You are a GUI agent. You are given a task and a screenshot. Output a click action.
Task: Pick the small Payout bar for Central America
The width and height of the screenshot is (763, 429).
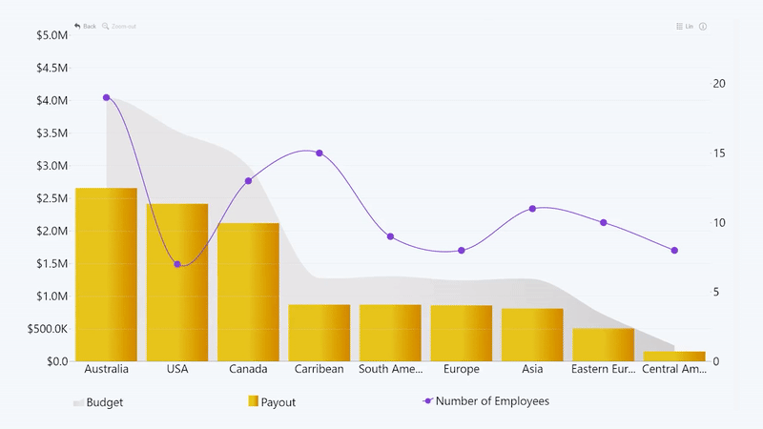[x=674, y=357]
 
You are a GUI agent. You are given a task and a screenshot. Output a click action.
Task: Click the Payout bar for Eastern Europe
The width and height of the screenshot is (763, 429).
[x=604, y=345]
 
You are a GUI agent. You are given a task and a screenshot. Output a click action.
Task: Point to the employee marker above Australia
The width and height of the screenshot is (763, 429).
[x=106, y=97]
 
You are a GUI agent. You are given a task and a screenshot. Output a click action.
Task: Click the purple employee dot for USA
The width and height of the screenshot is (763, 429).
[x=177, y=264]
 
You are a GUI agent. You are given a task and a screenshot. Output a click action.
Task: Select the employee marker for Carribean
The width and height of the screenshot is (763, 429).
[x=320, y=153]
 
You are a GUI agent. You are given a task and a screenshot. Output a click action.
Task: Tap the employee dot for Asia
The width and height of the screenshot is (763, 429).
[x=532, y=208]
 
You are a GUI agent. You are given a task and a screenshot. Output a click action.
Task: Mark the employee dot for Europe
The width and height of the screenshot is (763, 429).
[x=462, y=251]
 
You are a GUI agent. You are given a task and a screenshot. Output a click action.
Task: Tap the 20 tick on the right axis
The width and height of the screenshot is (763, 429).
[x=719, y=84]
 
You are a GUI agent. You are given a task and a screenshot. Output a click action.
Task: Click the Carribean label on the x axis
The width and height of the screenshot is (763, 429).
[x=320, y=369]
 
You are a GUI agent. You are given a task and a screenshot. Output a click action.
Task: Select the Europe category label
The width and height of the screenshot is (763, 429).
[x=462, y=369]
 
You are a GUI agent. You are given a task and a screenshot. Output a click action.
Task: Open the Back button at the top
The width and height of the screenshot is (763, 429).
[x=85, y=26]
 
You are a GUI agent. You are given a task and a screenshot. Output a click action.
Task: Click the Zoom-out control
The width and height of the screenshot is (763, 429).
[x=120, y=26]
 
